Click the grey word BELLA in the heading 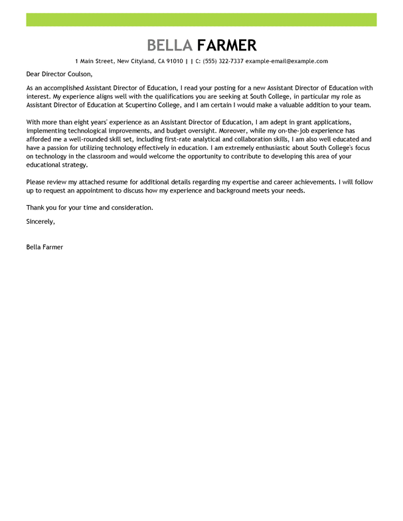click(170, 45)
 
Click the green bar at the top click(201, 20)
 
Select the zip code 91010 click(174, 61)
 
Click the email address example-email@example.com click(287, 61)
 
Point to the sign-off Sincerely click(40, 220)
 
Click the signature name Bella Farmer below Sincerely click(44, 246)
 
